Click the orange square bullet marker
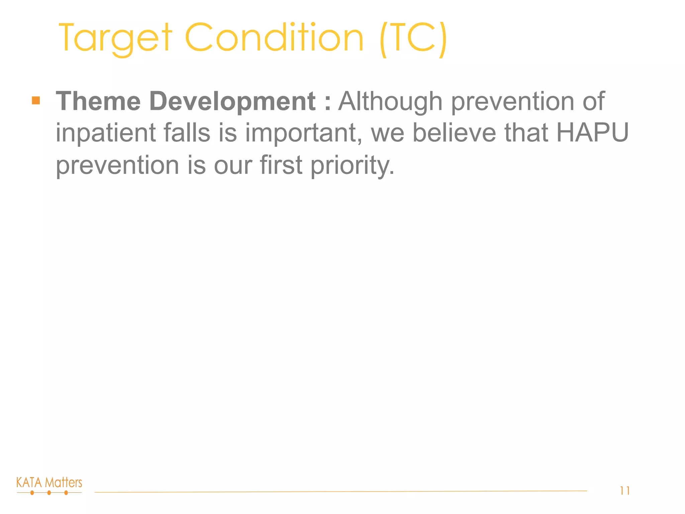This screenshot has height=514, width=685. click(x=36, y=100)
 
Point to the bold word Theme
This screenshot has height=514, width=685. click(x=98, y=101)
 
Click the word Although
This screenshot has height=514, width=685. click(x=390, y=102)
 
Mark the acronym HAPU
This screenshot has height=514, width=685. click(x=592, y=133)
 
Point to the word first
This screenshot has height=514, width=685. click(x=281, y=165)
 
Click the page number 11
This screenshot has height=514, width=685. click(x=625, y=491)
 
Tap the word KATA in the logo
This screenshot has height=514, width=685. click(x=29, y=483)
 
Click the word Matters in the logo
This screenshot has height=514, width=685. click(x=64, y=483)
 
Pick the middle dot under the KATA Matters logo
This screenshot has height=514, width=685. click(x=49, y=493)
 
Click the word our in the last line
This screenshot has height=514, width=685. click(x=233, y=165)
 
